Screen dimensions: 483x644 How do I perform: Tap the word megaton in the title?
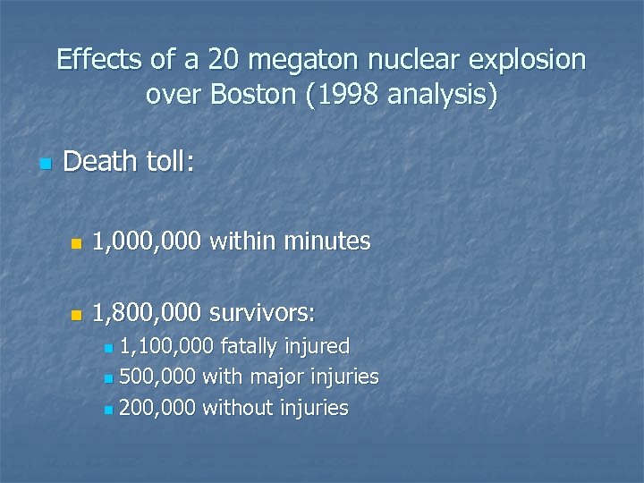pos(298,60)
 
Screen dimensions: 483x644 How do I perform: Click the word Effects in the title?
pos(98,60)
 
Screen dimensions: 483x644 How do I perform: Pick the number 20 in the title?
pos(218,60)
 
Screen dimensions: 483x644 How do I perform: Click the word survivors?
pos(261,313)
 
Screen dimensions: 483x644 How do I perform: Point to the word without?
pos(239,408)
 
